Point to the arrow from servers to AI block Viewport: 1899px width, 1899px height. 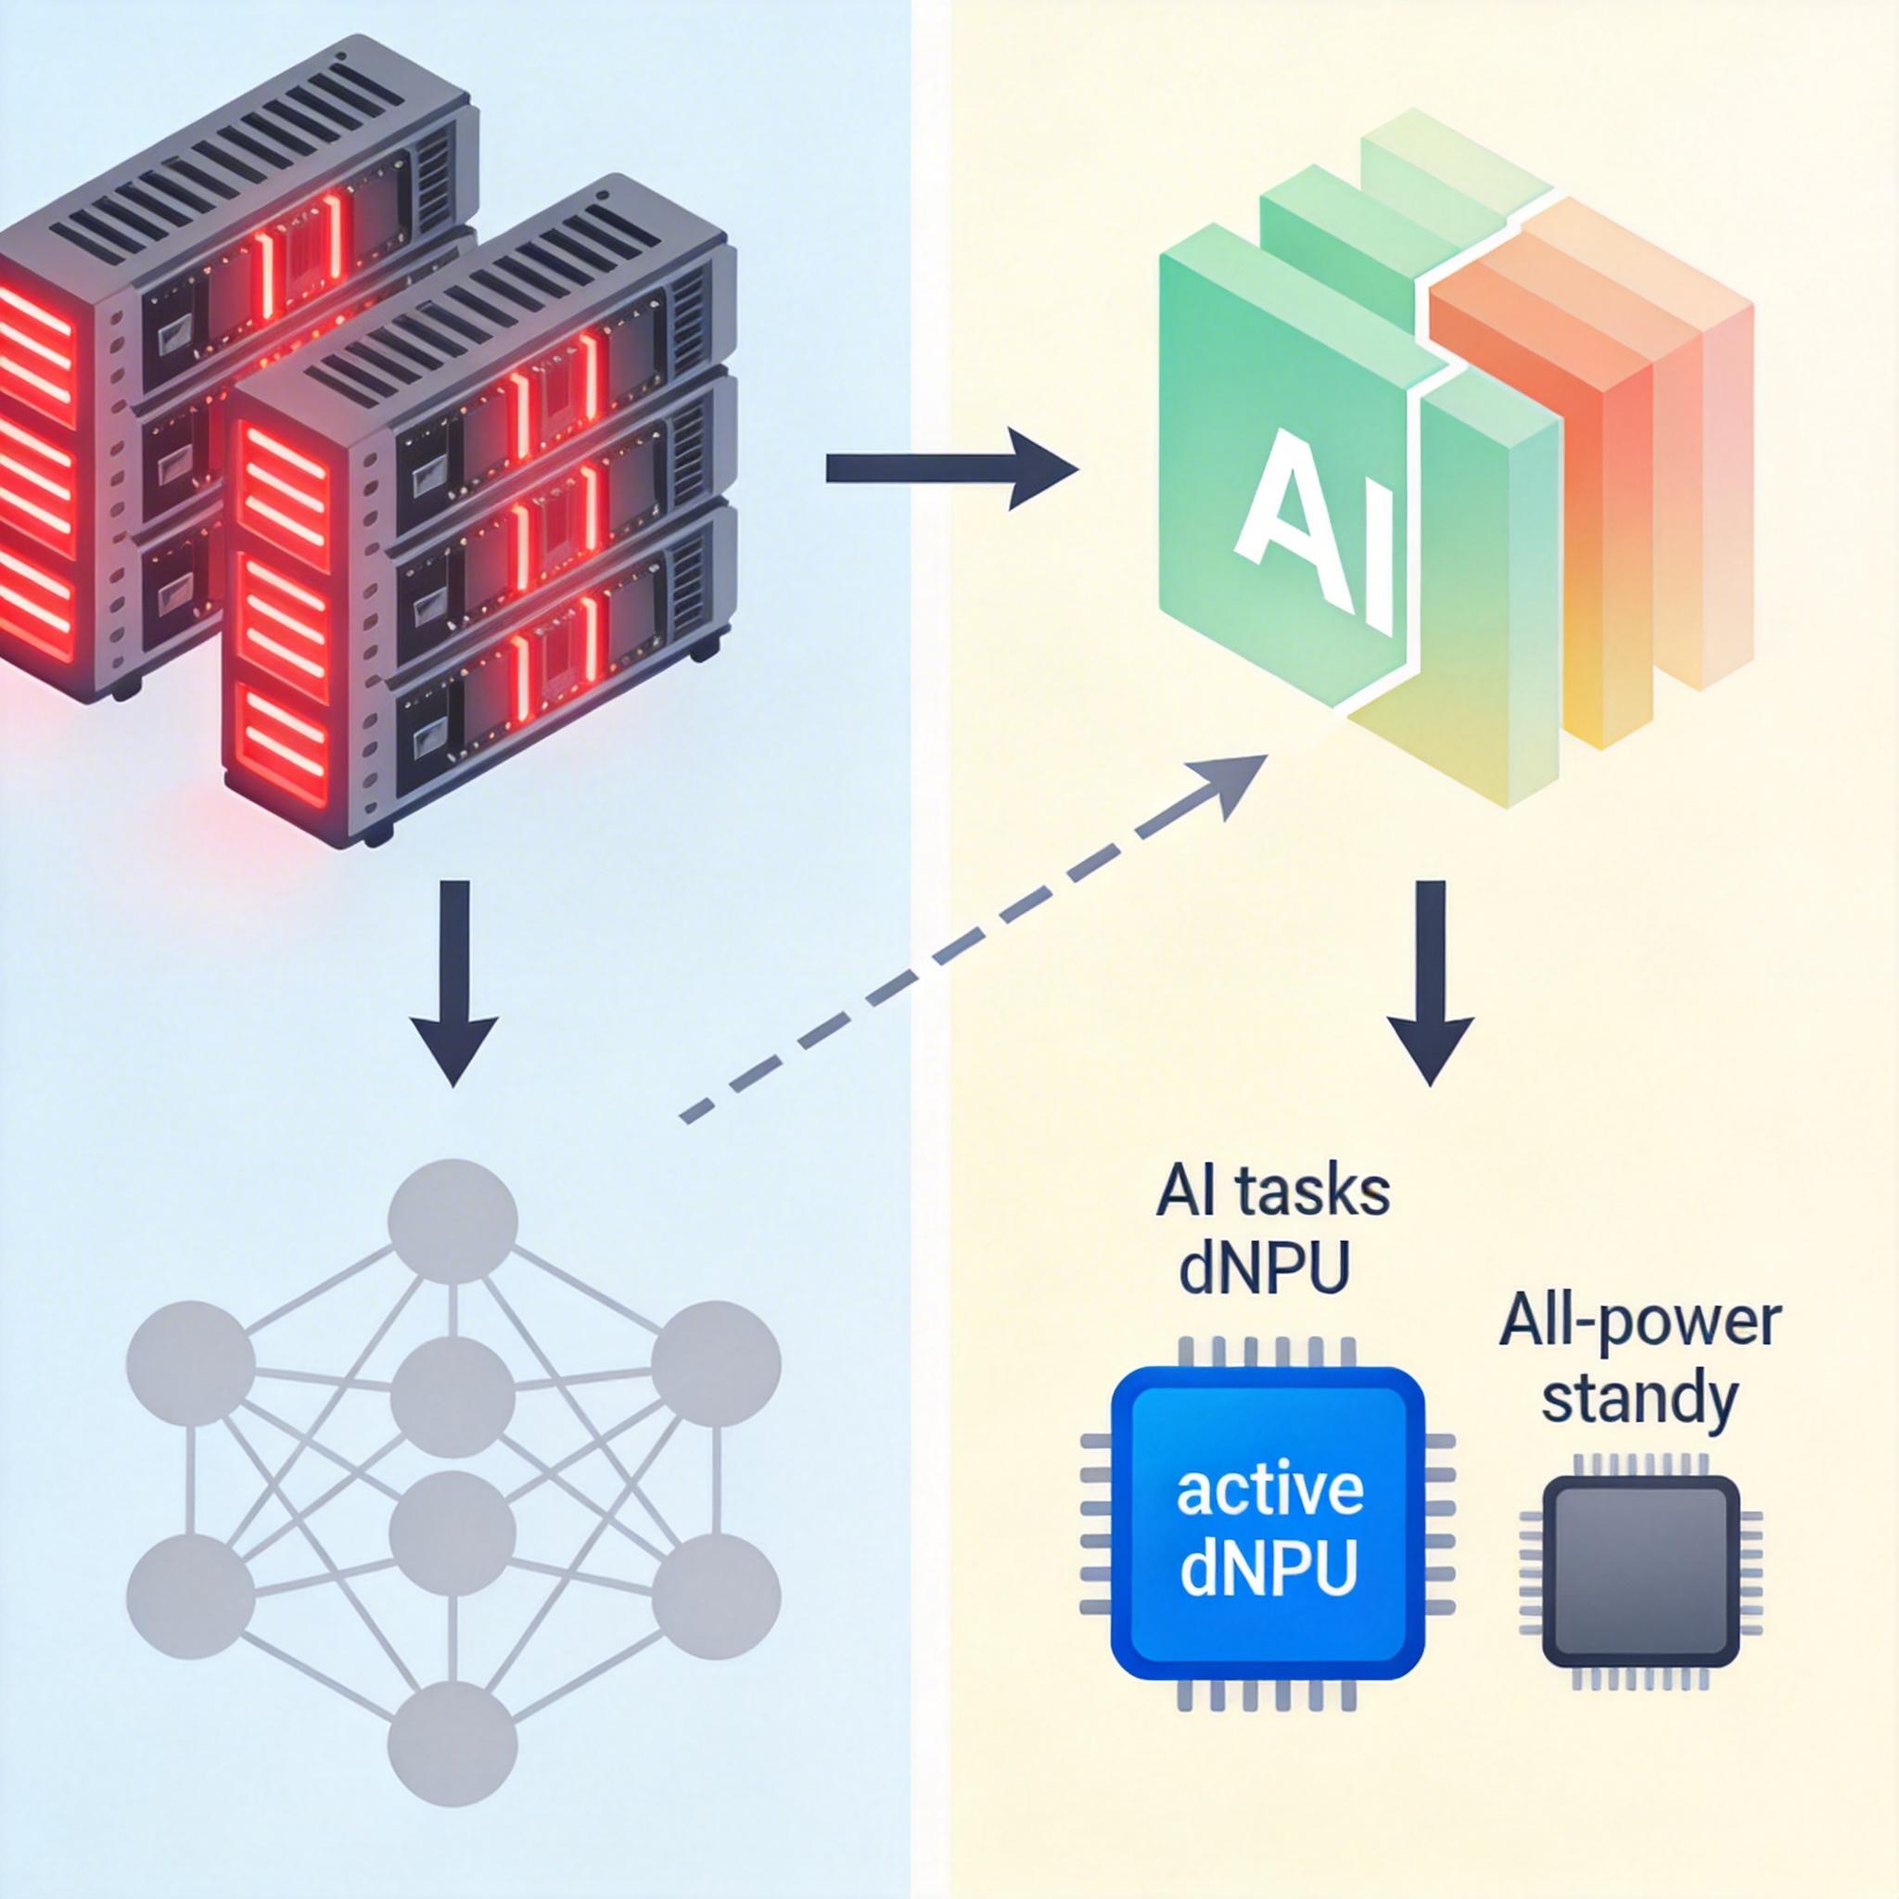pos(949,468)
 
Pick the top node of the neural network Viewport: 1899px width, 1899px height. pos(452,1223)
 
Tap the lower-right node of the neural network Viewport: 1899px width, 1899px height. pos(716,1598)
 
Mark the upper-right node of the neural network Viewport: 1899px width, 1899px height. pos(716,1365)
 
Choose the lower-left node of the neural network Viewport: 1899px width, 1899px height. pos(191,1598)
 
